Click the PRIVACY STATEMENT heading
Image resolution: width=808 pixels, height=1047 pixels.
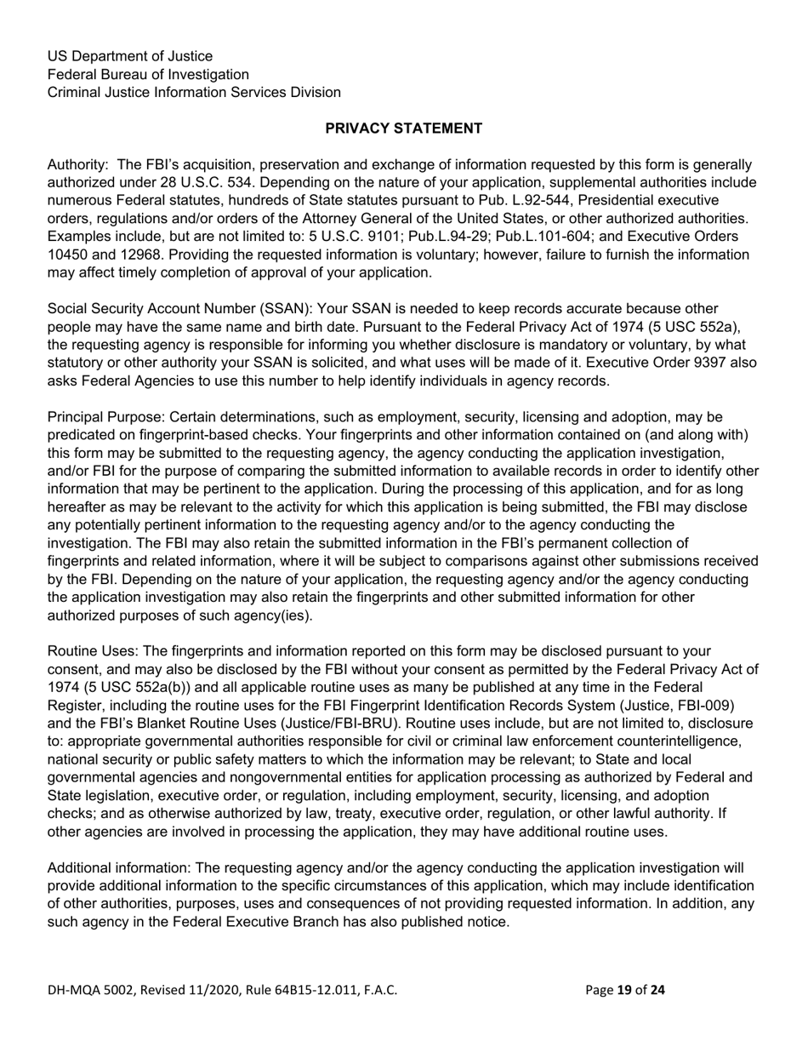pyautogui.click(x=404, y=129)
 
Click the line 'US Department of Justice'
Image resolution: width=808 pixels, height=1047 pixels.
pyautogui.click(x=129, y=56)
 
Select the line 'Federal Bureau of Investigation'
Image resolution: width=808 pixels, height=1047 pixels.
pyautogui.click(x=148, y=74)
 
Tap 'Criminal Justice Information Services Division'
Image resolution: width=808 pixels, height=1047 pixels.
pyautogui.click(x=194, y=92)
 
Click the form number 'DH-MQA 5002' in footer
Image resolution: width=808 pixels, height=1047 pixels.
pyautogui.click(x=91, y=990)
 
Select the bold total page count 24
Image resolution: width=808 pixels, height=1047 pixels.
pyautogui.click(x=657, y=990)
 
